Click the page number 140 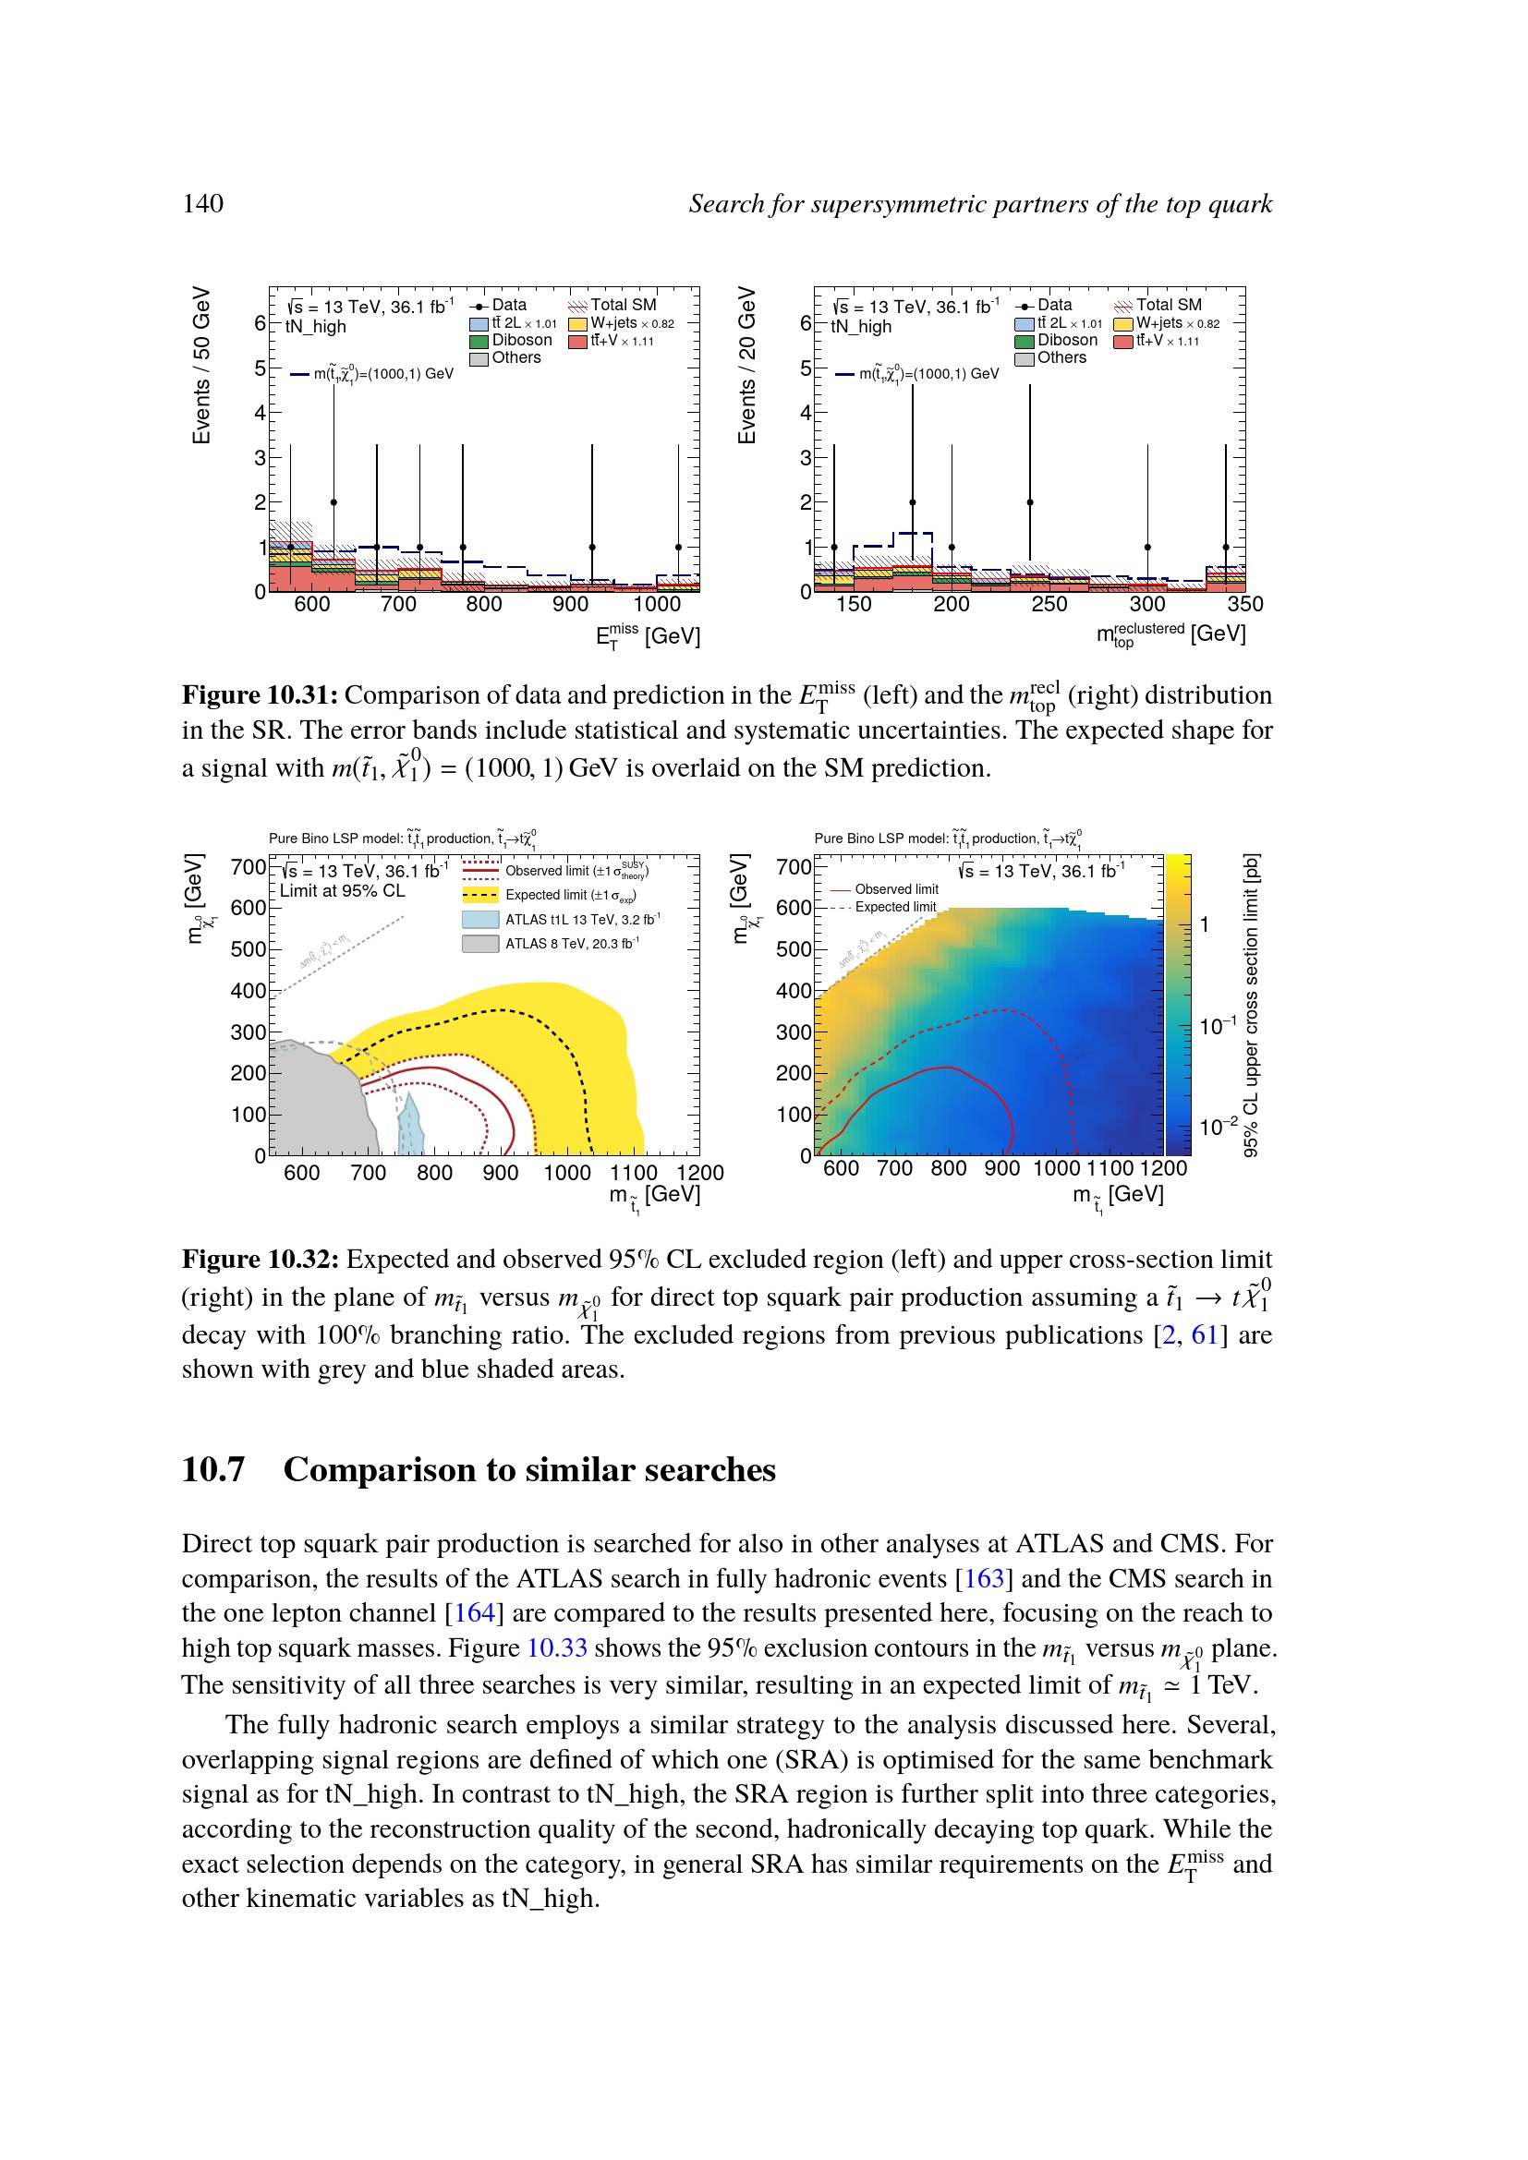pos(202,203)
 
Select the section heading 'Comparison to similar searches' pos(528,1469)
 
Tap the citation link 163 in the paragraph pos(984,1578)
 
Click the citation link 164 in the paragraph pos(474,1613)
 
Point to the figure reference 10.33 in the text pos(556,1648)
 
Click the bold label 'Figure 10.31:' pos(260,695)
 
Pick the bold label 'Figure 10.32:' pos(260,1260)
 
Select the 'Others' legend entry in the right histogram pos(1061,358)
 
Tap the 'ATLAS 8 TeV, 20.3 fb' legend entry pos(571,944)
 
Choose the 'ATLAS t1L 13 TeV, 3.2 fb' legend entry pos(581,920)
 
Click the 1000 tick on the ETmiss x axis pos(656,605)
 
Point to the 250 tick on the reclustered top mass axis pos(1049,605)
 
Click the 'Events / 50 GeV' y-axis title pos(201,365)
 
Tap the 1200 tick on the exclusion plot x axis pos(700,1173)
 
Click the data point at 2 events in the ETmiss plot pos(334,502)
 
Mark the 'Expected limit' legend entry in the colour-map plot pos(895,907)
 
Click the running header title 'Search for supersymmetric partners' pos(979,204)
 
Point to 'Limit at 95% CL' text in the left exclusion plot pos(343,891)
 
